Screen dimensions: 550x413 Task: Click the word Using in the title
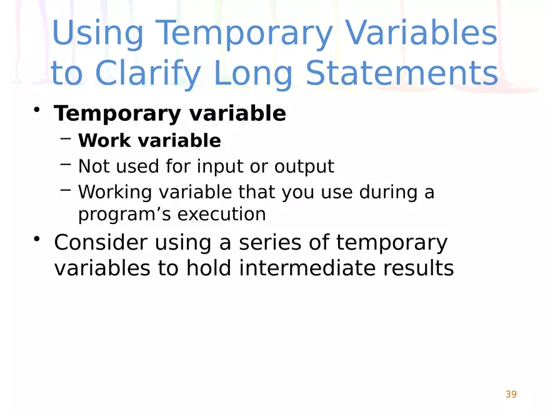click(97, 34)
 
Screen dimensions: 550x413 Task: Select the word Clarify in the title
click(147, 74)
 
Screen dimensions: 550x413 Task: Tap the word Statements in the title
click(402, 73)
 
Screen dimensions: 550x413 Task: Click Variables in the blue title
click(421, 33)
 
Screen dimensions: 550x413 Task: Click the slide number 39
click(511, 394)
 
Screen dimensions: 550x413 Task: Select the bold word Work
click(104, 140)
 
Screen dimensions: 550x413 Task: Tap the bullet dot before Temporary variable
click(36, 110)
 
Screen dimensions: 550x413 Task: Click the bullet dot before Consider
click(36, 238)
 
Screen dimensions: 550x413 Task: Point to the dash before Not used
click(66, 164)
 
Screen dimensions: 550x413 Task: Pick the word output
click(304, 166)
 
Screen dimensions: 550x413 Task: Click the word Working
click(115, 193)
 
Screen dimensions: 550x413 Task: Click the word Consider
click(101, 243)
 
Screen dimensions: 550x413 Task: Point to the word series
click(270, 243)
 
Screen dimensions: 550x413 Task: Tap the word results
click(419, 268)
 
